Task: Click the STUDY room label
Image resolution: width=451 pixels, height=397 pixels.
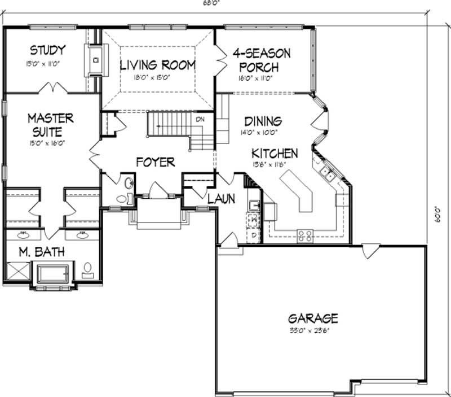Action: click(x=47, y=50)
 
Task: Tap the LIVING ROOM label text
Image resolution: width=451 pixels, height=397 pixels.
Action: click(x=158, y=65)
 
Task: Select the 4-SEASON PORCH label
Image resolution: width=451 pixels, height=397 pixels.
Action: click(x=262, y=60)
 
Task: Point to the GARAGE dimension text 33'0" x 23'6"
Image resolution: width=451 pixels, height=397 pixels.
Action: click(x=305, y=331)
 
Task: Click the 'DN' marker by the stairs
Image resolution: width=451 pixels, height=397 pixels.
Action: click(x=200, y=119)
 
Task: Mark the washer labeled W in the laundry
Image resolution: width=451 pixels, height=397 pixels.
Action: click(x=254, y=218)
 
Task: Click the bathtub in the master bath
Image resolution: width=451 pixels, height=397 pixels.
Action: click(x=52, y=274)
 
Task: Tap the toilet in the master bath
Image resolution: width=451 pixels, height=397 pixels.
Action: click(x=89, y=271)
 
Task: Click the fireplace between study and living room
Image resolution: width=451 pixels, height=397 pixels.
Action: click(x=94, y=59)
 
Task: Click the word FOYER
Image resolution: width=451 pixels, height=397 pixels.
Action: click(x=155, y=162)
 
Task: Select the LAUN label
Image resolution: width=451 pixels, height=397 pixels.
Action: click(x=220, y=199)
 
